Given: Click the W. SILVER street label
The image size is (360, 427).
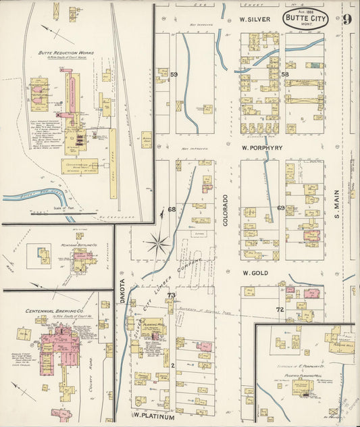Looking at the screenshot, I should (x=255, y=20).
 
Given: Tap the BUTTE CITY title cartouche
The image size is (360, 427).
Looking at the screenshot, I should (x=305, y=20).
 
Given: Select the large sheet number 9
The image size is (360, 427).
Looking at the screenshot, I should (x=346, y=19).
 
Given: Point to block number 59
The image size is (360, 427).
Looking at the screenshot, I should (x=174, y=74).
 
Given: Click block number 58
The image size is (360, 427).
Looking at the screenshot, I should (x=285, y=74).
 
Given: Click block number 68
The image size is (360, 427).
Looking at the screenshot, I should (x=172, y=209).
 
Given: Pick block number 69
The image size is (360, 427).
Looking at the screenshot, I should (x=280, y=208).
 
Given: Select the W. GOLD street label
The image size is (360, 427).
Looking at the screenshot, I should (x=256, y=272).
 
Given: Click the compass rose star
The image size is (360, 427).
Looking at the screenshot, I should (x=159, y=241).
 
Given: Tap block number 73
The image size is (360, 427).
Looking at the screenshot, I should (x=171, y=295).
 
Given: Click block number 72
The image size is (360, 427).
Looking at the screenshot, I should (x=279, y=309).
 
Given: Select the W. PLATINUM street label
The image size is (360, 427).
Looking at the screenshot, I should (x=153, y=416).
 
